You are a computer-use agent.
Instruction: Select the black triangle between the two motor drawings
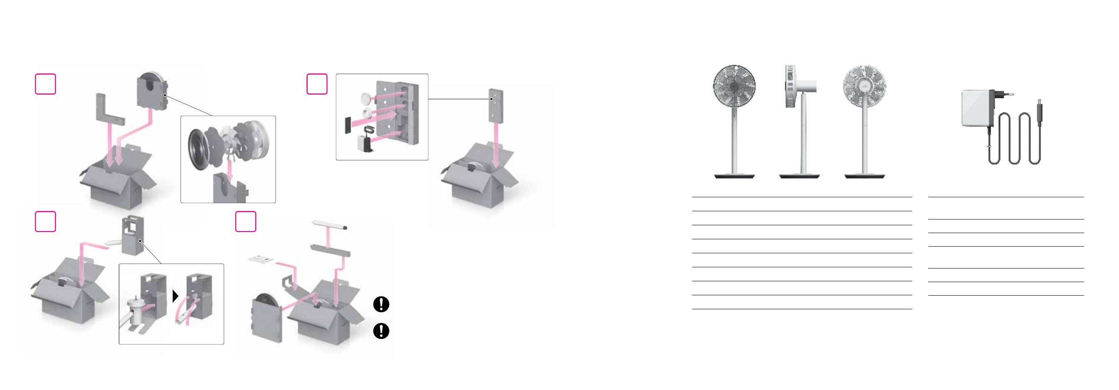pos(175,296)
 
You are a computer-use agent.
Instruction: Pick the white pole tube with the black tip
pos(329,225)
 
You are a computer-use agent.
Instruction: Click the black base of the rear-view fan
pos(864,176)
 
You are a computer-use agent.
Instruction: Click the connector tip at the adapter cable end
pos(1039,107)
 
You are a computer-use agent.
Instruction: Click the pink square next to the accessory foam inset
pos(317,84)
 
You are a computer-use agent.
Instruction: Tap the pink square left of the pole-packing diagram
pos(246,222)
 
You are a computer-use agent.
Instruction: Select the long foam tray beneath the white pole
pos(330,250)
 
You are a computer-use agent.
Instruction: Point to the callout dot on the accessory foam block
pos(491,99)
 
